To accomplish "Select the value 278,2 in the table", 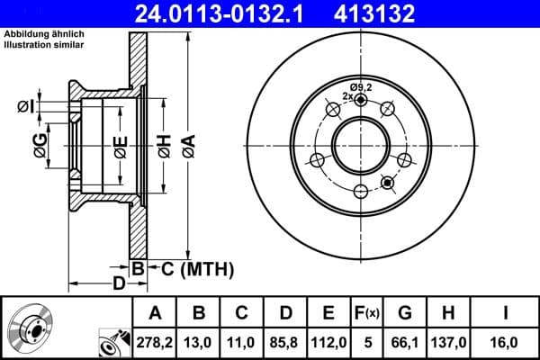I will coord(155,341).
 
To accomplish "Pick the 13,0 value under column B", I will coord(200,341).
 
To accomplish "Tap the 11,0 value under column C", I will coord(241,341).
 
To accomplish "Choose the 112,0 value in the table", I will coord(328,341).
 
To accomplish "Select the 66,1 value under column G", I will coord(406,341).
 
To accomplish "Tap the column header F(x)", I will coord(367,313).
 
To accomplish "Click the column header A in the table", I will coord(155,313).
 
